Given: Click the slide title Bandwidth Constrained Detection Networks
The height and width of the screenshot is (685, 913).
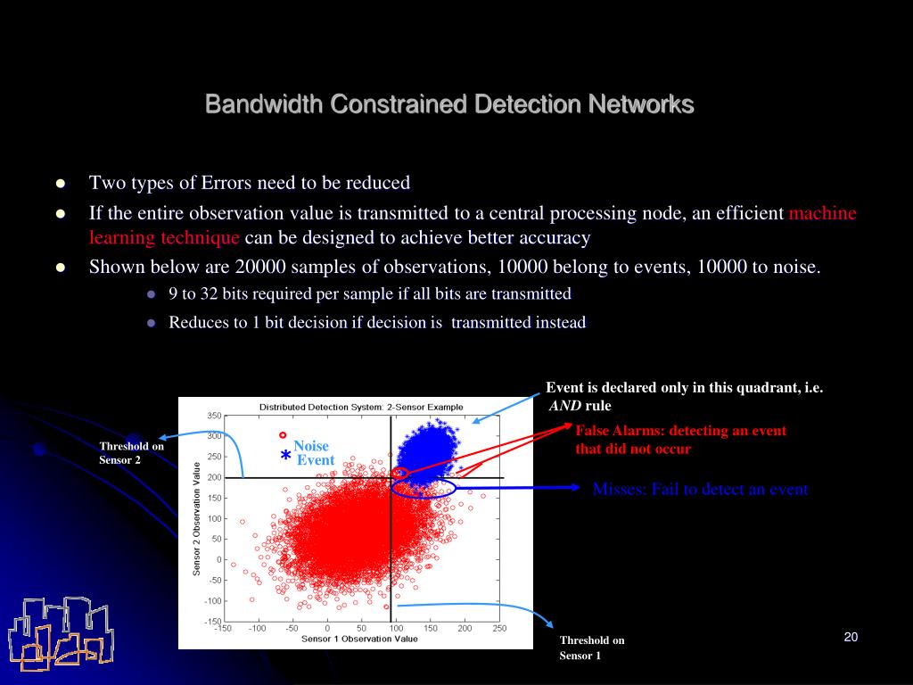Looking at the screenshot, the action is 449,104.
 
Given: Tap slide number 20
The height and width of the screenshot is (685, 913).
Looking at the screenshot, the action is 851,637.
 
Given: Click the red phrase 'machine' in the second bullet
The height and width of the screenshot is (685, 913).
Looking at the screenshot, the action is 822,213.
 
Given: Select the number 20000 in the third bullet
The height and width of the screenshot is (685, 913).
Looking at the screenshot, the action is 260,267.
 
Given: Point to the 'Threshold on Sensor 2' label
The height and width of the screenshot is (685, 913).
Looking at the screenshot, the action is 132,452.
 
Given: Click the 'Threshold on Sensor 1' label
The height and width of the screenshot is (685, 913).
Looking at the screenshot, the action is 592,648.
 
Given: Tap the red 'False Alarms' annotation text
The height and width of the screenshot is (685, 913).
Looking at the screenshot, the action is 680,440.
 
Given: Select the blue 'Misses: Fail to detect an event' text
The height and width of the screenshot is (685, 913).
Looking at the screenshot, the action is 700,489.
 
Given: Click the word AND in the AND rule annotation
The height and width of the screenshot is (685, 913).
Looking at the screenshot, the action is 564,406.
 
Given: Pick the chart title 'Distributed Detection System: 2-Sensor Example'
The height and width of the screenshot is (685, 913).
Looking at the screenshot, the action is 361,407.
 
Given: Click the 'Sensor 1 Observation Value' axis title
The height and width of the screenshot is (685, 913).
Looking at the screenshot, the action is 359,639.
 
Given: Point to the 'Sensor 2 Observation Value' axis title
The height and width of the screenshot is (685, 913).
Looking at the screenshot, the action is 197,518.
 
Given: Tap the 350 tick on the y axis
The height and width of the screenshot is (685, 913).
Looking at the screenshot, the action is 214,416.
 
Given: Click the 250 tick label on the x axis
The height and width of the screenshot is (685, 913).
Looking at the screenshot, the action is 499,629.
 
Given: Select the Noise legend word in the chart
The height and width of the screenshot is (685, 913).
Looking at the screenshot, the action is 311,446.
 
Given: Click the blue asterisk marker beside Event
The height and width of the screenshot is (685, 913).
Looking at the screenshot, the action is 285,456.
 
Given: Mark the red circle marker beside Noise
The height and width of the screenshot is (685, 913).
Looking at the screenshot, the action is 283,435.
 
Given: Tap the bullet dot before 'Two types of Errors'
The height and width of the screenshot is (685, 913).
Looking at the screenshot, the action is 61,184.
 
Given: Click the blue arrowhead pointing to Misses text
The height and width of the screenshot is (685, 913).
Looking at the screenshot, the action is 575,488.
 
